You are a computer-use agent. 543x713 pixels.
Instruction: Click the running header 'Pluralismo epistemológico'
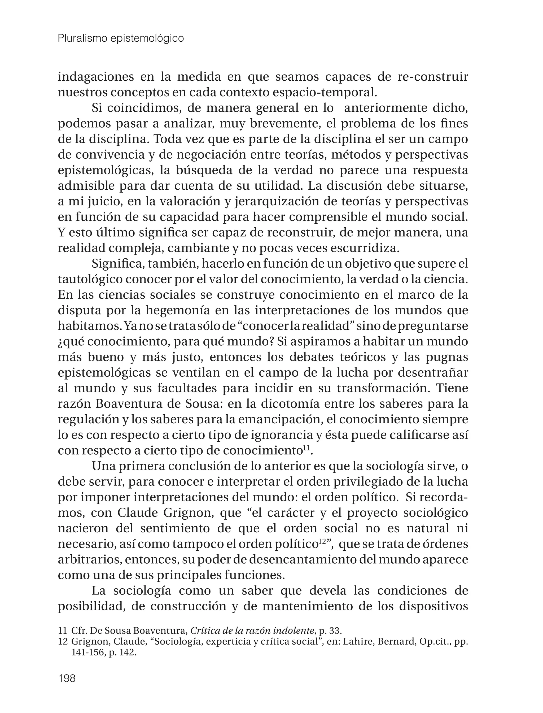coord(121,38)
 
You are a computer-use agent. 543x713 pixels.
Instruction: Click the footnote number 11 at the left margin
coord(62,631)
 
